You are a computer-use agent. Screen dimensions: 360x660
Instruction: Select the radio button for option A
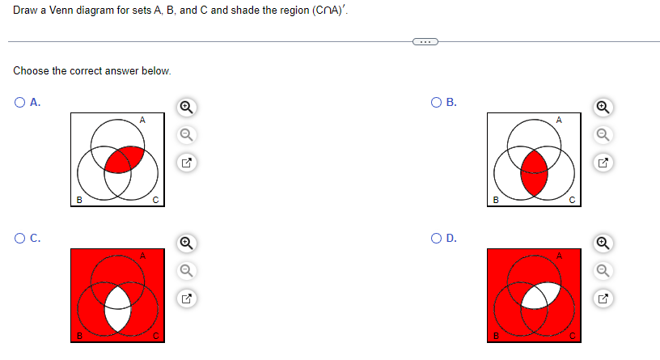(19, 103)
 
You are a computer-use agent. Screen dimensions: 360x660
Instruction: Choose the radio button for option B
(436, 103)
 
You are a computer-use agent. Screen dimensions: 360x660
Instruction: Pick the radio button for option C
(19, 238)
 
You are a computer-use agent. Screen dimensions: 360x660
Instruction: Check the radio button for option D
(436, 238)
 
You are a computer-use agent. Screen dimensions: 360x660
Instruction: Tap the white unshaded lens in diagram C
(118, 308)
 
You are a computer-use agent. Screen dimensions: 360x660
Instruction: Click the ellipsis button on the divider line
(424, 42)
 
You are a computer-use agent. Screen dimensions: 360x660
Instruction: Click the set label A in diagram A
(142, 120)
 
